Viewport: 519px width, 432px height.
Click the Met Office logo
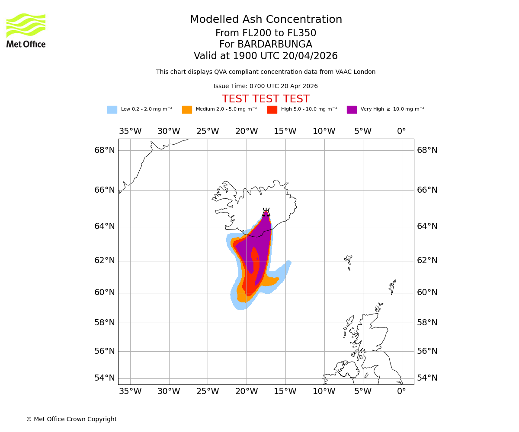(x=26, y=30)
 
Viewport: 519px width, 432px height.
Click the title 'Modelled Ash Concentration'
(x=266, y=20)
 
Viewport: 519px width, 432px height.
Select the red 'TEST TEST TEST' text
(x=266, y=99)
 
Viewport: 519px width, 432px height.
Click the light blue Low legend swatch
(x=112, y=110)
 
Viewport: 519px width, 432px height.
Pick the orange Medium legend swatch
(x=187, y=110)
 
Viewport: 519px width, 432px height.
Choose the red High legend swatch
(x=272, y=110)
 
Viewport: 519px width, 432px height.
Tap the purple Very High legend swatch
(x=352, y=110)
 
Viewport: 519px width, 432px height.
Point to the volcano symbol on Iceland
(x=266, y=213)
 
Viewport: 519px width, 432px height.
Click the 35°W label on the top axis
(x=130, y=131)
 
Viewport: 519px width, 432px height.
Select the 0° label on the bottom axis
(x=401, y=391)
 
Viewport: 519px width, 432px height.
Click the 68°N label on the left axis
(x=105, y=150)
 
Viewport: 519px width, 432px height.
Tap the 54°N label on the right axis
(x=427, y=378)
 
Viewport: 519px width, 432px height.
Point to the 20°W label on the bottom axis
(x=247, y=391)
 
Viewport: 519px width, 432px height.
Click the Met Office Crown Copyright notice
(x=71, y=419)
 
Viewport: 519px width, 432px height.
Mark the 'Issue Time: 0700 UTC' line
(x=266, y=86)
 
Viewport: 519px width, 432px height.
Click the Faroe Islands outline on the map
(x=348, y=261)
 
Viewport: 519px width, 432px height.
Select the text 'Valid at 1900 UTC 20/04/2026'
(x=266, y=56)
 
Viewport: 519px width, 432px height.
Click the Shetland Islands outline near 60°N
(x=393, y=286)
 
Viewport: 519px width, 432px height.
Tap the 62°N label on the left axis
(x=105, y=260)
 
